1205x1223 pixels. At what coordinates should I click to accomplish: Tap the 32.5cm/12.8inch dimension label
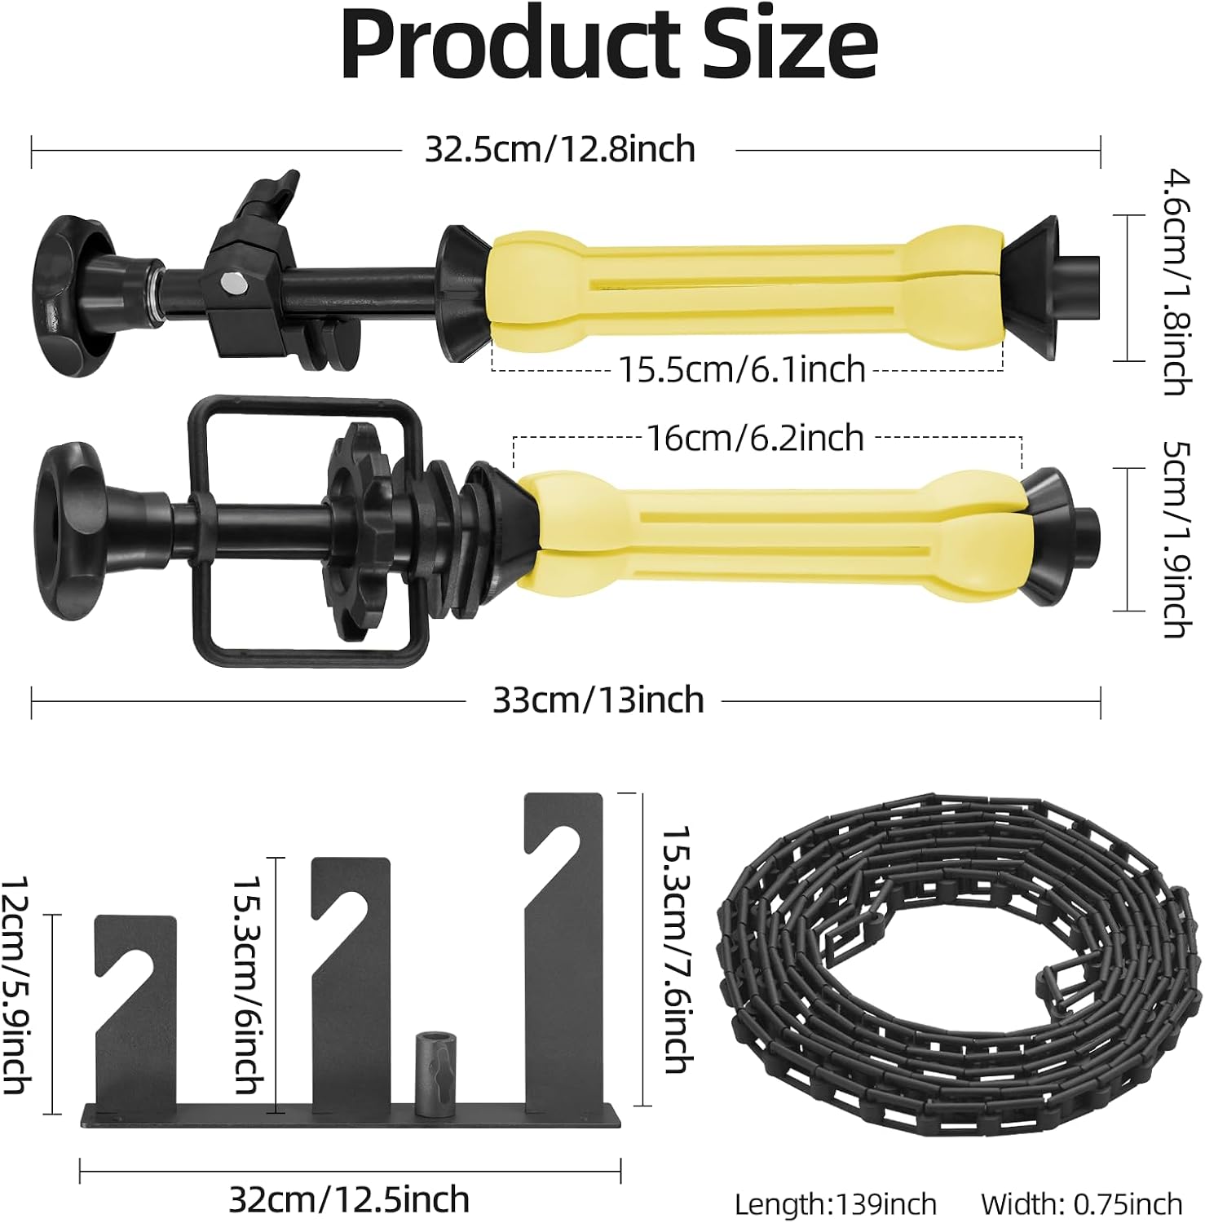click(x=560, y=149)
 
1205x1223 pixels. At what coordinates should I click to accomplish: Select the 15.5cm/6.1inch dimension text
click(x=742, y=369)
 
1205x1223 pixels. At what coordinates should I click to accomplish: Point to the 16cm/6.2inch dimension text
click(x=755, y=438)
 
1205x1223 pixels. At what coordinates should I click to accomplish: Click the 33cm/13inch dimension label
click(x=598, y=700)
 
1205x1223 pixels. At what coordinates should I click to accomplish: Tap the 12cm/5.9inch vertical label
click(x=16, y=985)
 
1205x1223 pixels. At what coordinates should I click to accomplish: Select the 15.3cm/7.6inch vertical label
click(x=677, y=950)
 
